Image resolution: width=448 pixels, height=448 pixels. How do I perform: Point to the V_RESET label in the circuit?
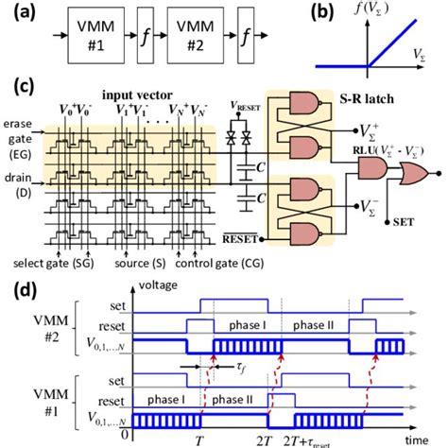(x=246, y=108)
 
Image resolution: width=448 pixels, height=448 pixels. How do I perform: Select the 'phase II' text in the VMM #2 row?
(x=315, y=324)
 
